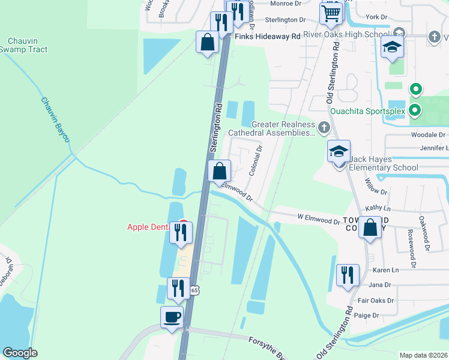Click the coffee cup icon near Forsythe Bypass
tap(172, 317)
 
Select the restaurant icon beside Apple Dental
tap(181, 232)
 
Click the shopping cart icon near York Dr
tap(331, 13)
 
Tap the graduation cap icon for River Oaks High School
tap(392, 49)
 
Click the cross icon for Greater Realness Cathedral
tap(324, 127)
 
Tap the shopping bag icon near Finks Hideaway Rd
tap(207, 42)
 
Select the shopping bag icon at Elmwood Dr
tap(220, 171)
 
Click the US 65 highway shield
tap(194, 290)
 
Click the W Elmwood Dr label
tap(318, 220)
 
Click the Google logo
tap(20, 353)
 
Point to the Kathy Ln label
tap(378, 208)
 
